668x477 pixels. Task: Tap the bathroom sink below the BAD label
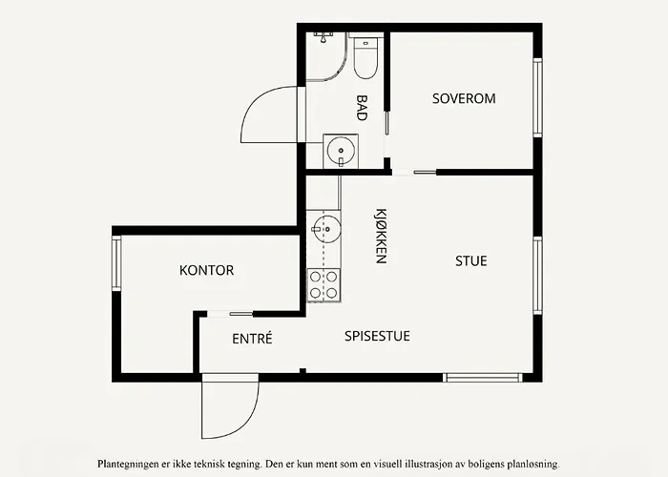pyautogui.click(x=341, y=150)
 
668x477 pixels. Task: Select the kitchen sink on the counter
pyautogui.click(x=324, y=228)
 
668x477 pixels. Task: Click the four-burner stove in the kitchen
pyautogui.click(x=324, y=284)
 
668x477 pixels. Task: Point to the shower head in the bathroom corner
pyautogui.click(x=324, y=37)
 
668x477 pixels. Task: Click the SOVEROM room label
pyautogui.click(x=464, y=98)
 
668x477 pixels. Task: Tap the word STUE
pyautogui.click(x=470, y=260)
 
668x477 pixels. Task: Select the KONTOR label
pyautogui.click(x=206, y=270)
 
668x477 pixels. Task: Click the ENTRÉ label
pyautogui.click(x=252, y=339)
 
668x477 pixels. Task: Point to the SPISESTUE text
pyautogui.click(x=377, y=336)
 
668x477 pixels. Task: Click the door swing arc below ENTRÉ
pyautogui.click(x=230, y=410)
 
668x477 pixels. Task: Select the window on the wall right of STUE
pyautogui.click(x=537, y=274)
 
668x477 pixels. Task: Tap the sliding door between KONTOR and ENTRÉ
pyautogui.click(x=230, y=313)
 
